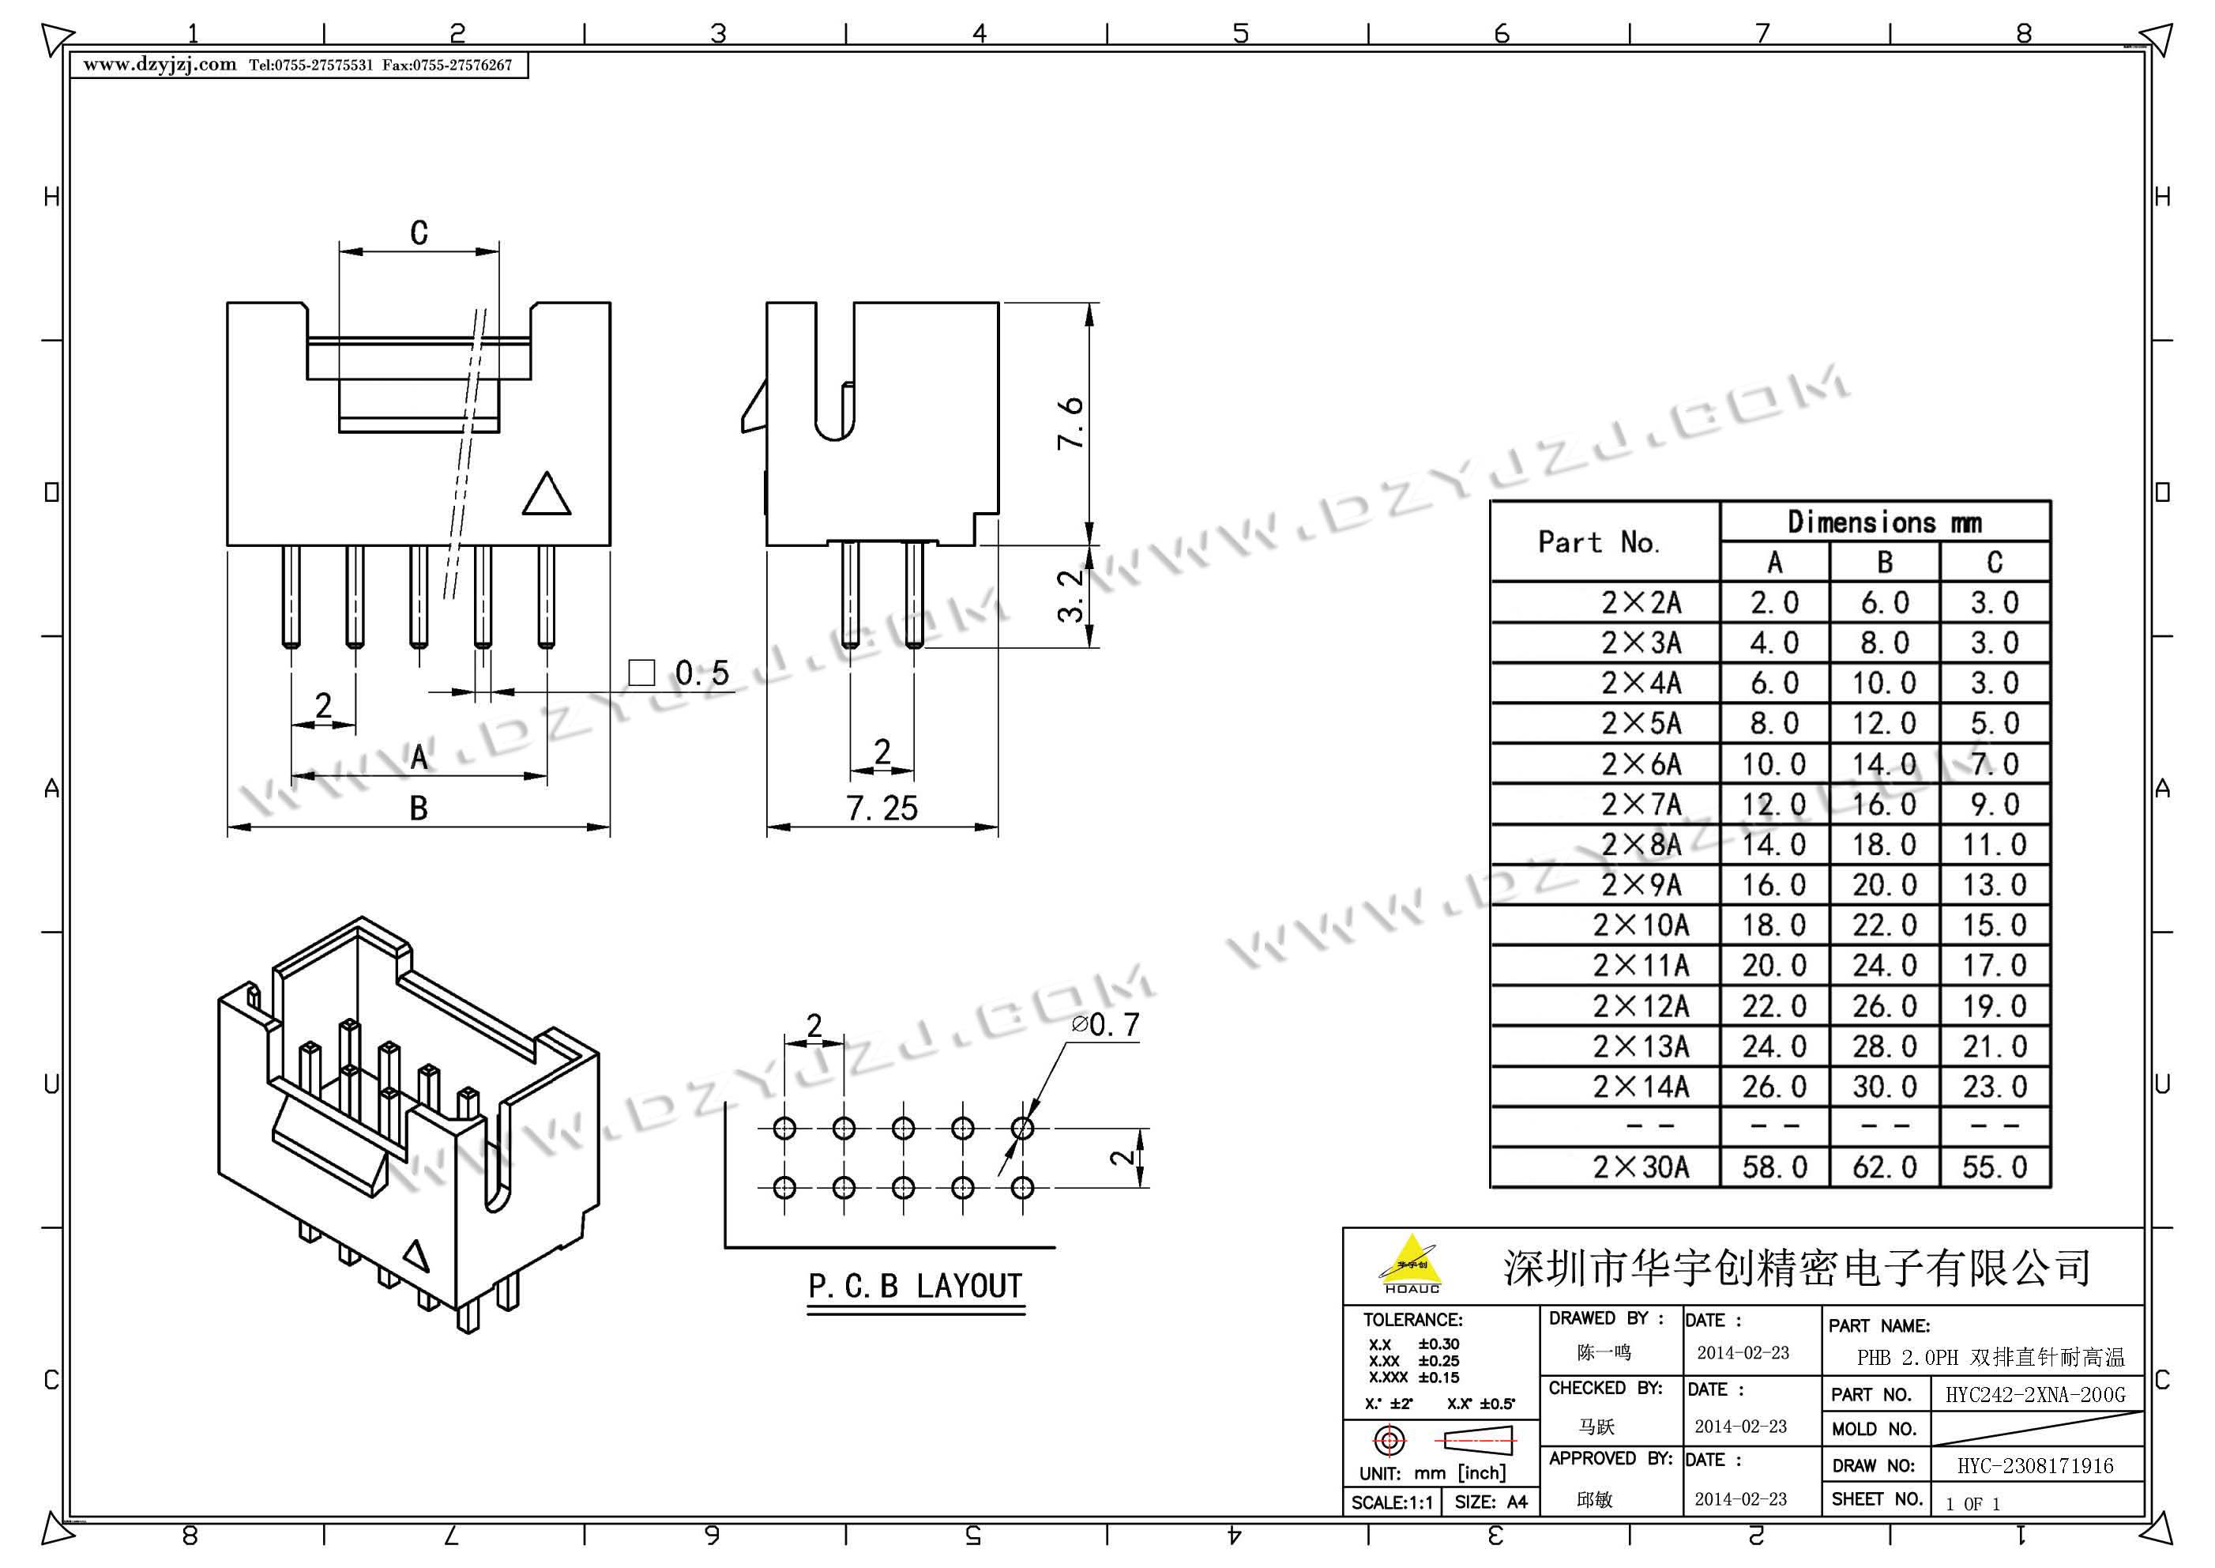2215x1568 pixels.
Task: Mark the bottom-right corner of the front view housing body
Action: point(610,545)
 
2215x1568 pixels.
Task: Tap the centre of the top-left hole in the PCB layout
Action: point(784,1128)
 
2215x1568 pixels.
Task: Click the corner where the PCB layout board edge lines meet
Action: point(726,1246)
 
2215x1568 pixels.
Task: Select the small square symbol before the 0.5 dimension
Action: point(641,673)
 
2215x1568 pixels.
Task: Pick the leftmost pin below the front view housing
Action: point(291,597)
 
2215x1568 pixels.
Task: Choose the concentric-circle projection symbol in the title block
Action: point(1390,1441)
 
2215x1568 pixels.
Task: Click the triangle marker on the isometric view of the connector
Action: point(416,1256)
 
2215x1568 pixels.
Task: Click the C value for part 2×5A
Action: point(1995,723)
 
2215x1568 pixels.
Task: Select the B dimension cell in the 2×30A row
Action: point(1884,1167)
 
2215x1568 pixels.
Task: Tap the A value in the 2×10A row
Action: point(1774,925)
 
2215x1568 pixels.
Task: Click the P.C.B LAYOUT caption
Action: point(915,1287)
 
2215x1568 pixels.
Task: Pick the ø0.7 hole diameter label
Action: point(1105,1024)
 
